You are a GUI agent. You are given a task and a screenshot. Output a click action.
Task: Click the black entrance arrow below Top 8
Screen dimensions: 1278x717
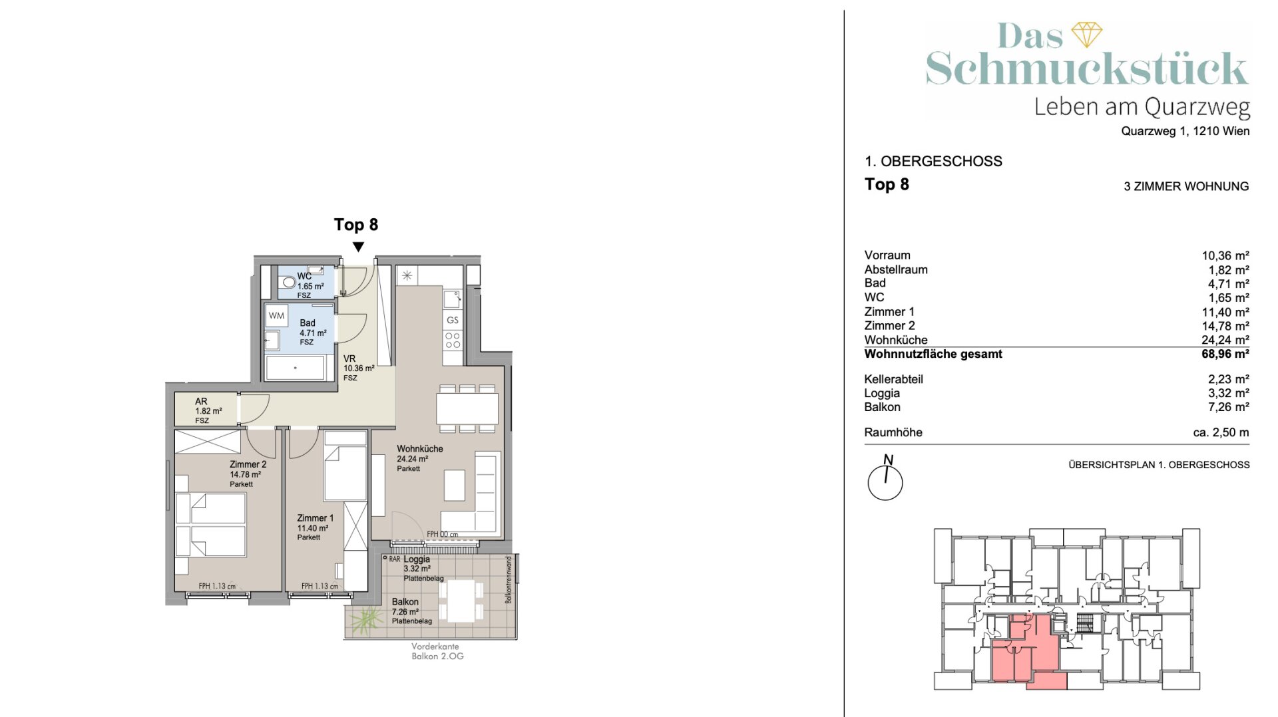click(358, 247)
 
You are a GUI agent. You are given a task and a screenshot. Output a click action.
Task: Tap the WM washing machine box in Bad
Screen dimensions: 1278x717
click(276, 316)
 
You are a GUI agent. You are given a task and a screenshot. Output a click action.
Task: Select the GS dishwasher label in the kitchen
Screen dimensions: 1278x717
click(453, 320)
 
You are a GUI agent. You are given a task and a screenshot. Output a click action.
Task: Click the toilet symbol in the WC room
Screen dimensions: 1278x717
click(288, 282)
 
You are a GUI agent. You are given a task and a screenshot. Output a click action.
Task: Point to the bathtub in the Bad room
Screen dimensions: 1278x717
click(296, 368)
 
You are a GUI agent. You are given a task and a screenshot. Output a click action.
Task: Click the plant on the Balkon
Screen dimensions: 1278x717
click(365, 621)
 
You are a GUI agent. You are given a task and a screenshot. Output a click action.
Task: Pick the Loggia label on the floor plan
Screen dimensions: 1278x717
click(417, 559)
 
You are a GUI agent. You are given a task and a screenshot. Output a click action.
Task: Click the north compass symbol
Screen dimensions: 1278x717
click(885, 478)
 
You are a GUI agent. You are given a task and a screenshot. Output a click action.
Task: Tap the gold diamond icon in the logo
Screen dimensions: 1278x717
click(1086, 35)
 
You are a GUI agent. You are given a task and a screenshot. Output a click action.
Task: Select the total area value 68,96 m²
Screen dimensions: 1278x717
click(1225, 354)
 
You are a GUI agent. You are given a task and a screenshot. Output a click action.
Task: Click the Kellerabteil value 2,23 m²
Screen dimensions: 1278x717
click(1228, 379)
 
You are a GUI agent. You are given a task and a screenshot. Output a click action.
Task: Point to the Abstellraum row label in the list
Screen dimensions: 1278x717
click(896, 269)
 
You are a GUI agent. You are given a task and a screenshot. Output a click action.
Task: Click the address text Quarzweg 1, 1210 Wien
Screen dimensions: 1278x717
click(1185, 131)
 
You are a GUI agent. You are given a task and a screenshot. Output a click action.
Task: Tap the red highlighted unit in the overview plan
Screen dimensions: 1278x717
click(1025, 655)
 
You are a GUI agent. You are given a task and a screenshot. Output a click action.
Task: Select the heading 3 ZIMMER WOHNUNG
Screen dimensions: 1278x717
click(1186, 186)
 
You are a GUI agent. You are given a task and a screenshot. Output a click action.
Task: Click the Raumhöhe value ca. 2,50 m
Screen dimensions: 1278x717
click(1221, 432)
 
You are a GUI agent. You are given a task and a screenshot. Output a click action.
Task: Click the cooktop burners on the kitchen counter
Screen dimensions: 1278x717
click(453, 340)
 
